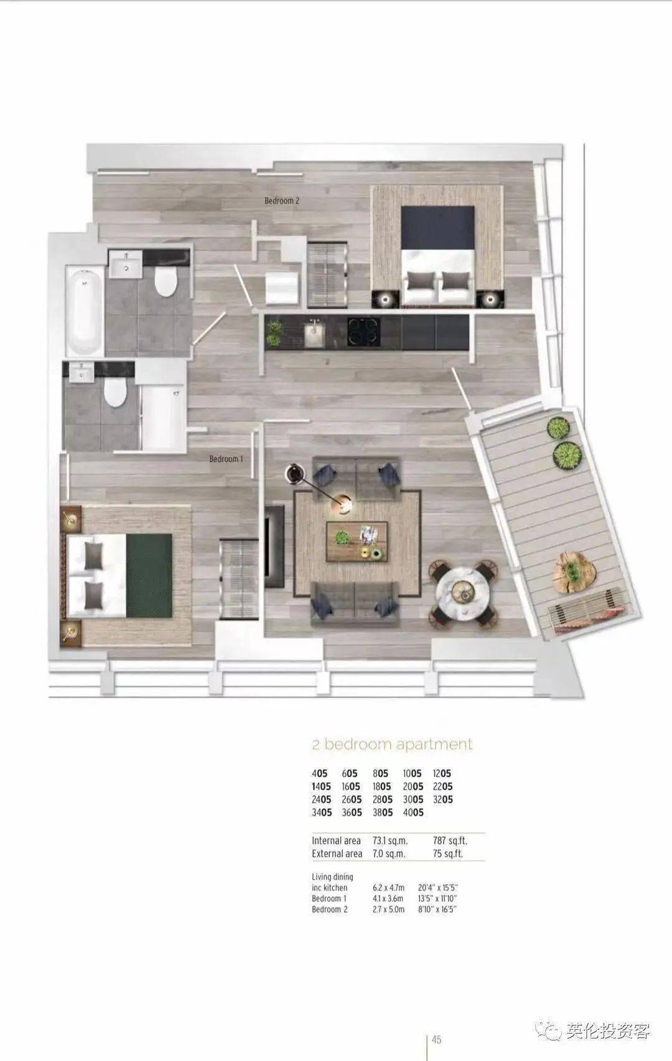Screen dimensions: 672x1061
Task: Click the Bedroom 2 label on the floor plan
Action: [x=282, y=201]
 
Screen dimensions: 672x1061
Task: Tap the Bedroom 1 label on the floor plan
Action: [x=226, y=459]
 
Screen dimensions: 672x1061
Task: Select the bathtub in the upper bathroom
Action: [x=84, y=311]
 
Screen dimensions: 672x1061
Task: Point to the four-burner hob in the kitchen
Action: [x=364, y=331]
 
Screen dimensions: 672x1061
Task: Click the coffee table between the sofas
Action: [x=357, y=541]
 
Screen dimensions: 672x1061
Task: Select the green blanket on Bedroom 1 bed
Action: [x=149, y=575]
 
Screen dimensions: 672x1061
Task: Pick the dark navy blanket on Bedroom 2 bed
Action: [x=437, y=227]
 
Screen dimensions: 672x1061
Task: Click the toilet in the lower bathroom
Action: [x=114, y=392]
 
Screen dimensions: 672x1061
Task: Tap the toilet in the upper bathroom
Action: [x=166, y=282]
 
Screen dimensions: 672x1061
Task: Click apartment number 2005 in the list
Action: [x=413, y=787]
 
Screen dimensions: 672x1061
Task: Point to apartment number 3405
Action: [x=322, y=813]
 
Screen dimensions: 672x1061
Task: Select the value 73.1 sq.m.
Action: [x=390, y=841]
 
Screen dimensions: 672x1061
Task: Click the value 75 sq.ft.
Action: [x=447, y=854]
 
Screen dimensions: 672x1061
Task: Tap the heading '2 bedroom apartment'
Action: [x=393, y=744]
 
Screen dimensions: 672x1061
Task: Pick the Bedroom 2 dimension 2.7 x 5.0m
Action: [x=388, y=910]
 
